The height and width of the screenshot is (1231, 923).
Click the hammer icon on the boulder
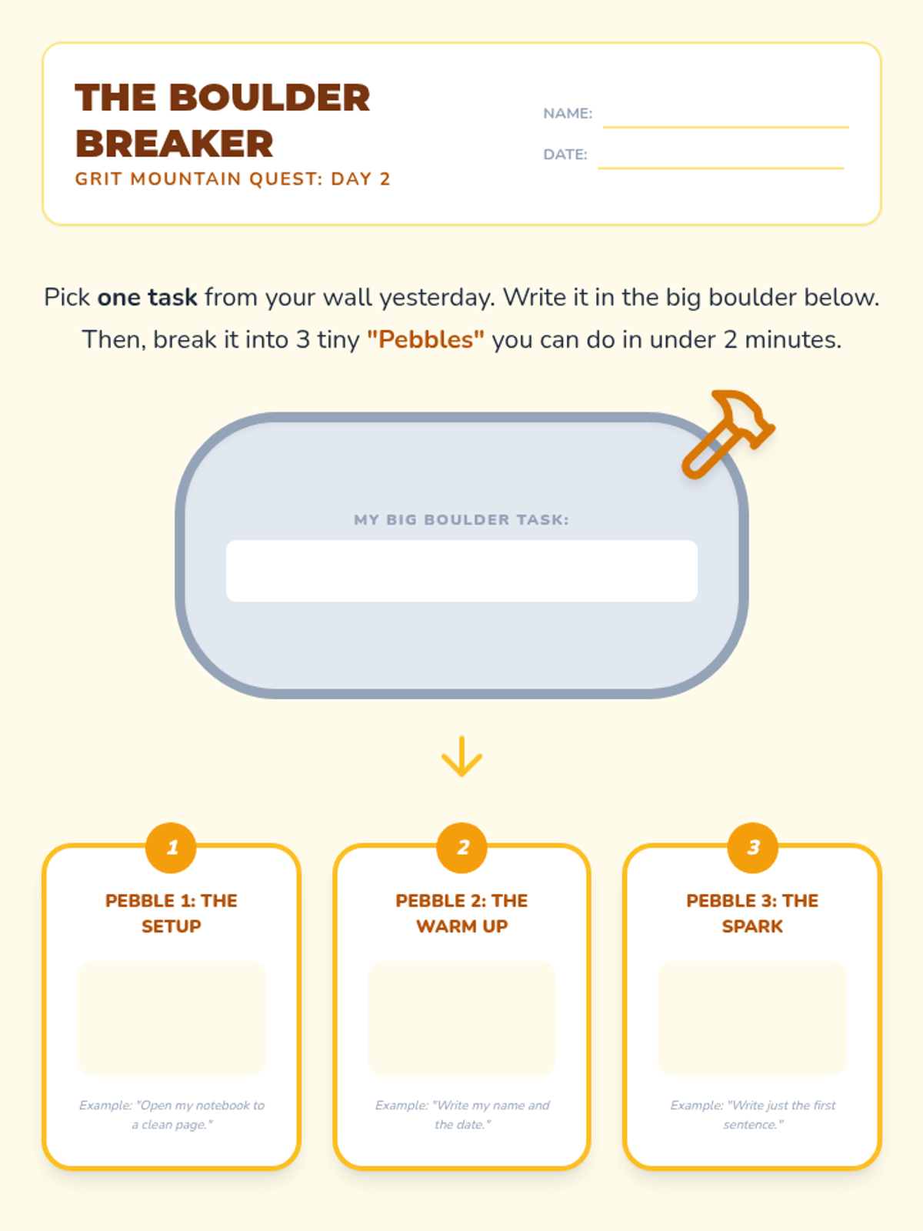coord(728,434)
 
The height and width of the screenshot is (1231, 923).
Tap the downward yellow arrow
coord(461,756)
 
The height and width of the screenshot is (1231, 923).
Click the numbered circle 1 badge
coord(171,847)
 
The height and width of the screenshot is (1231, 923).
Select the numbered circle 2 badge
coord(461,847)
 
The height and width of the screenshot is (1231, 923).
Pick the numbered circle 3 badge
coord(753,847)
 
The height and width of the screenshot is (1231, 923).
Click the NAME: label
coord(568,114)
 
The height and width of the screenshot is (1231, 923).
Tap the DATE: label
coord(565,155)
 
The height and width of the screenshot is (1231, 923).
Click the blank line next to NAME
coord(726,127)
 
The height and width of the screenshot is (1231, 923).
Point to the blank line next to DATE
coord(721,168)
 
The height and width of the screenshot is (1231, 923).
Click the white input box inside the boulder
coord(461,571)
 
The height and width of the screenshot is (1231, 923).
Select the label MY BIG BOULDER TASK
coord(461,520)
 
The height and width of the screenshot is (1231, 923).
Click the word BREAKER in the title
coord(175,144)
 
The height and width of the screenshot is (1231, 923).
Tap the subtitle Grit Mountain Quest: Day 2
coord(232,179)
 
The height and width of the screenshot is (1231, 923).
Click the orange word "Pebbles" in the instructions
coord(425,340)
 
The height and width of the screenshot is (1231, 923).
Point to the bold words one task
coord(148,297)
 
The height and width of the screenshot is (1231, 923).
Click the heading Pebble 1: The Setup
coord(171,913)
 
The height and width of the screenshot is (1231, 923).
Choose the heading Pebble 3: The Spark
coord(752,913)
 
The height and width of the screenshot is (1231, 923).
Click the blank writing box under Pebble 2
coord(461,1019)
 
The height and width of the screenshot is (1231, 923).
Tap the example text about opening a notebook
coord(172,1115)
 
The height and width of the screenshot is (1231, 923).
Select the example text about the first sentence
coord(753,1115)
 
